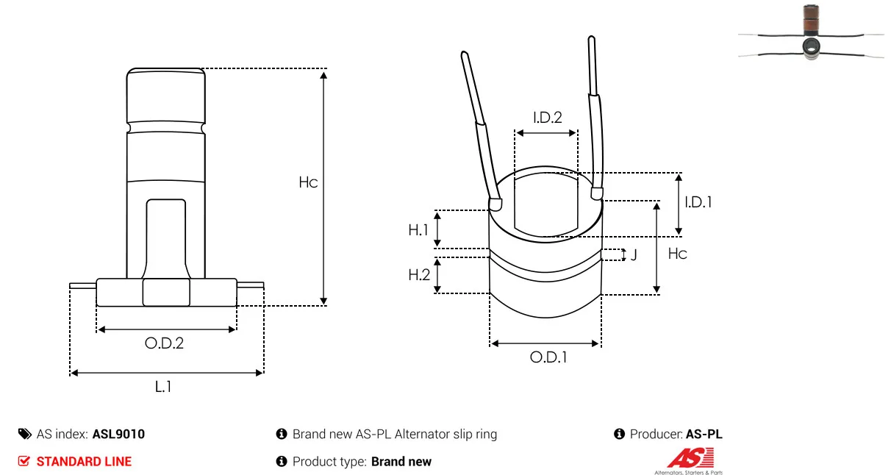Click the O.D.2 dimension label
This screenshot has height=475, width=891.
click(x=164, y=343)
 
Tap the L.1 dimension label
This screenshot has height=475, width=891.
click(x=163, y=386)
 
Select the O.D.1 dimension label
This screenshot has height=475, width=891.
click(x=548, y=357)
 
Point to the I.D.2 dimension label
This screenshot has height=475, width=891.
click(x=548, y=118)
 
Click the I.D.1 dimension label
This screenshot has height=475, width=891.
click(x=698, y=202)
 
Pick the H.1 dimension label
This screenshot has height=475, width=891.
click(x=418, y=230)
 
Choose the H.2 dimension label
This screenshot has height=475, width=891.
click(x=419, y=275)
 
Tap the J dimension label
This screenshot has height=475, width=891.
click(x=634, y=254)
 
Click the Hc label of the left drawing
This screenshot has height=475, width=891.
click(x=308, y=182)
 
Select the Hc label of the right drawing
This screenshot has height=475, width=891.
click(x=677, y=254)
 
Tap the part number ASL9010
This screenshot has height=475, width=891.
click(x=118, y=434)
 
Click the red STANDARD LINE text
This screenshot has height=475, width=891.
click(x=84, y=462)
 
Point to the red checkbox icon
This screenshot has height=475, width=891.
click(x=24, y=461)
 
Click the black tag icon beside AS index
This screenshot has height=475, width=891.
click(x=25, y=434)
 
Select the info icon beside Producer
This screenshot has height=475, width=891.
click(x=619, y=434)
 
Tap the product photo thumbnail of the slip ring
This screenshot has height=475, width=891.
click(x=811, y=32)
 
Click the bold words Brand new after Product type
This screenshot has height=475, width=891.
click(x=401, y=462)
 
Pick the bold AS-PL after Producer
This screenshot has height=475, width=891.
click(x=704, y=434)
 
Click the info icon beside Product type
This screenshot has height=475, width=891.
click(x=282, y=462)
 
